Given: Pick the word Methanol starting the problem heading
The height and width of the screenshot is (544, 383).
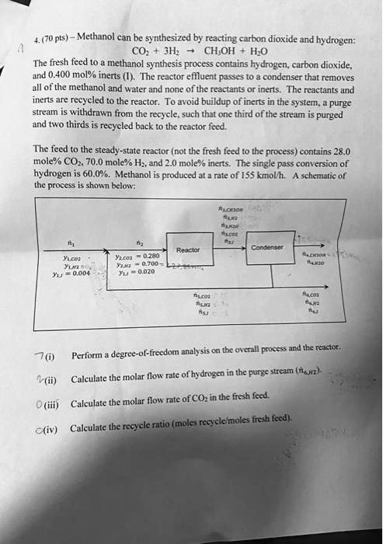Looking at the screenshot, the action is tap(99, 38).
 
